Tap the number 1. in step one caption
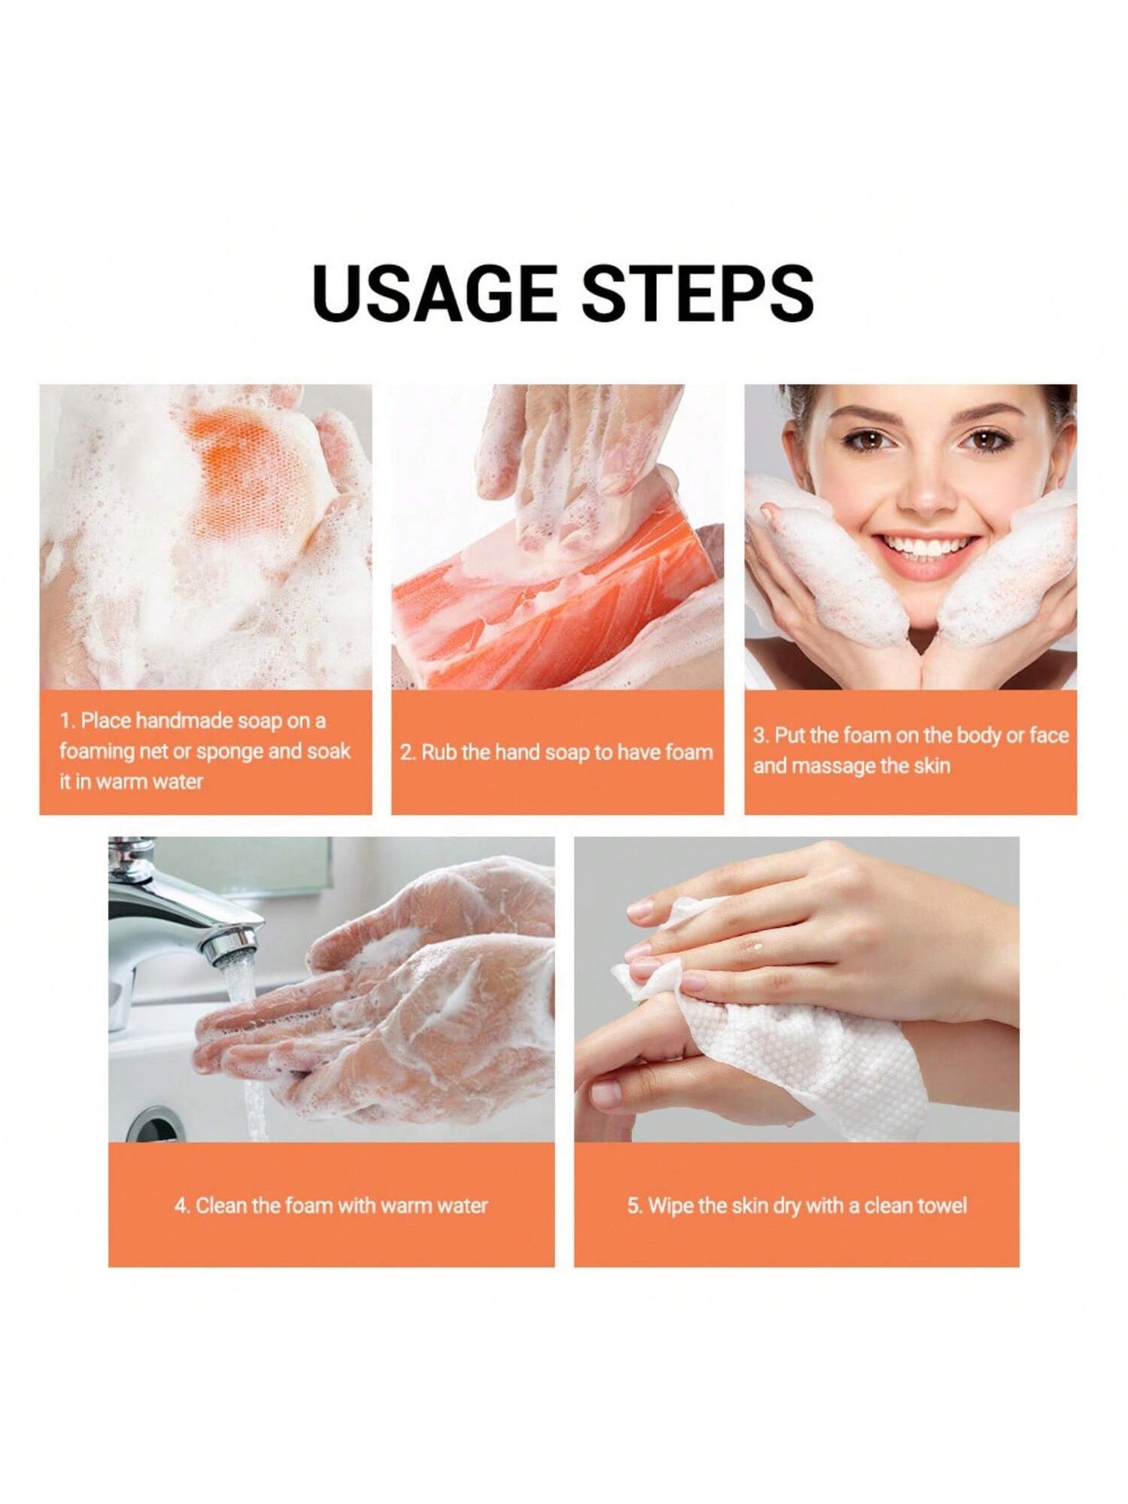tap(67, 720)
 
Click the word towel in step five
tap(941, 1205)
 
